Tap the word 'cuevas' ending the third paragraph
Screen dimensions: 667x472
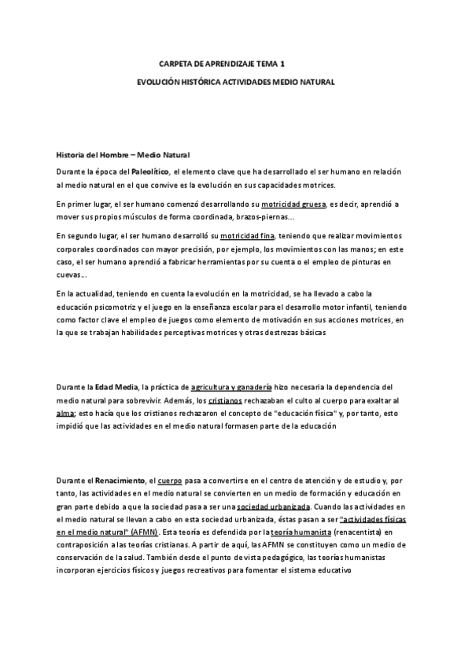(69, 275)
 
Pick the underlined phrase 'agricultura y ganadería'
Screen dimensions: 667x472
(231, 387)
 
